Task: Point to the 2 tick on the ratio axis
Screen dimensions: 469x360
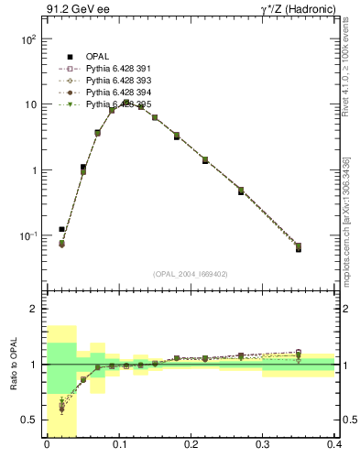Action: pyautogui.click(x=35, y=309)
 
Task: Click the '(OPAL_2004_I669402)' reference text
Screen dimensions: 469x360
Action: pyautogui.click(x=191, y=274)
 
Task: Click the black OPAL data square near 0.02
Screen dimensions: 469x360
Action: pyautogui.click(x=61, y=229)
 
